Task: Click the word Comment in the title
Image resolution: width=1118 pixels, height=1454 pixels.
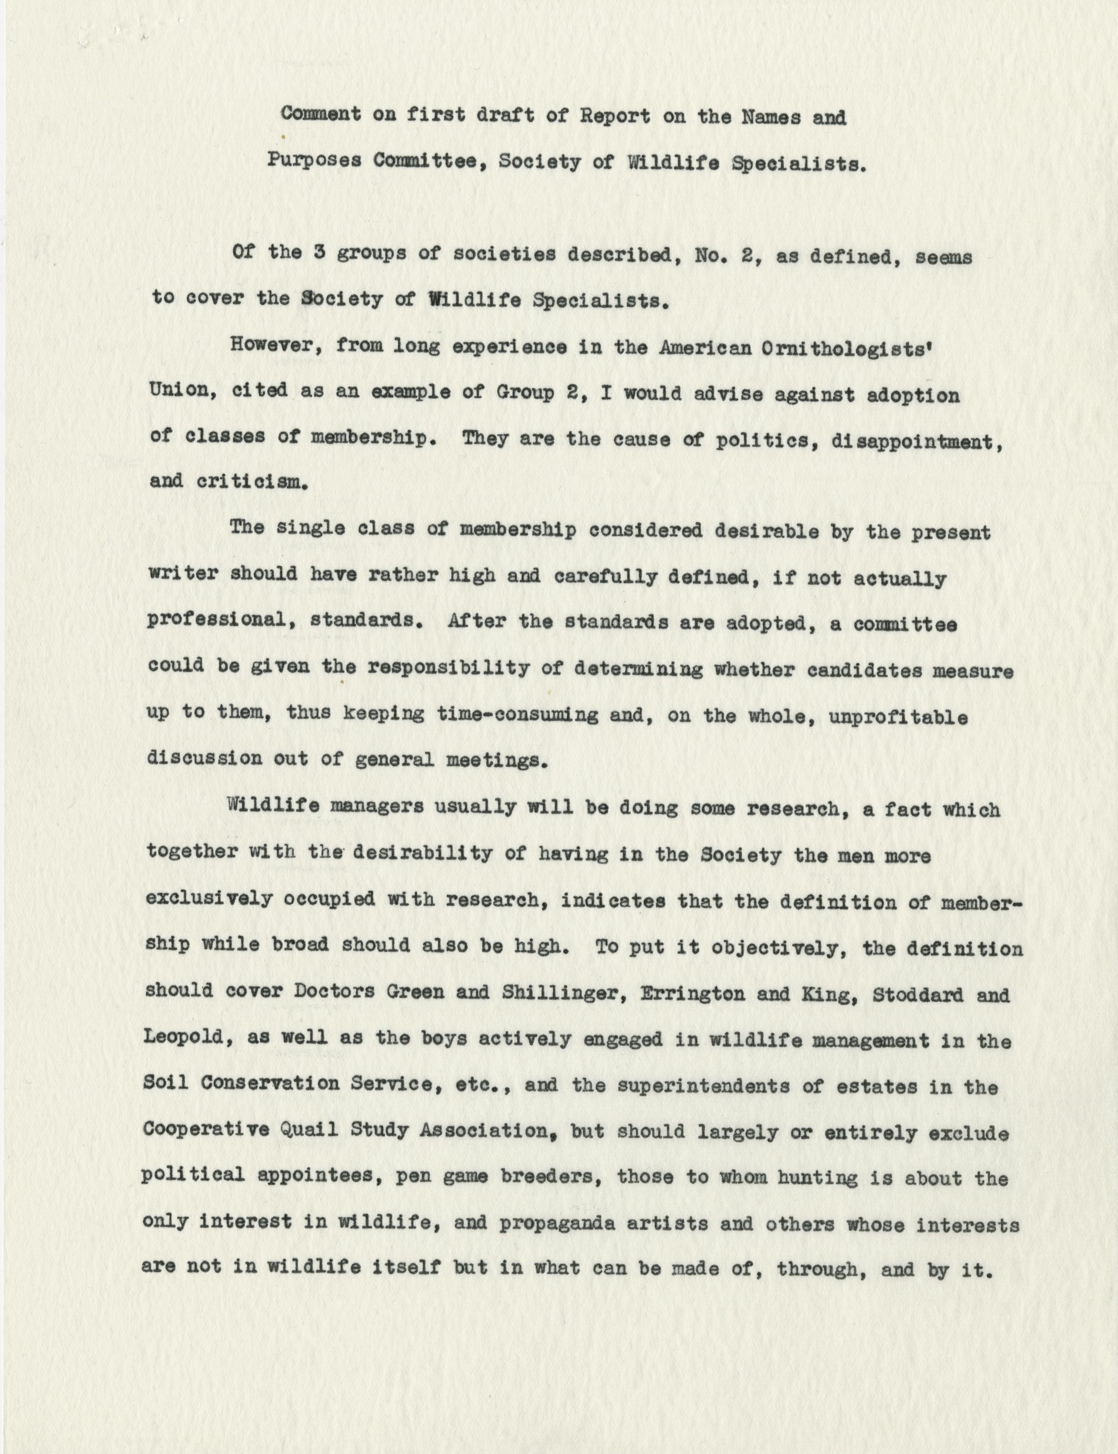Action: coord(321,114)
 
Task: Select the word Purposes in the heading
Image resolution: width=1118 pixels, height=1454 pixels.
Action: coord(314,161)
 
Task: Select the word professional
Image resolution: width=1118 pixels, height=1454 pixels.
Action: coord(212,620)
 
